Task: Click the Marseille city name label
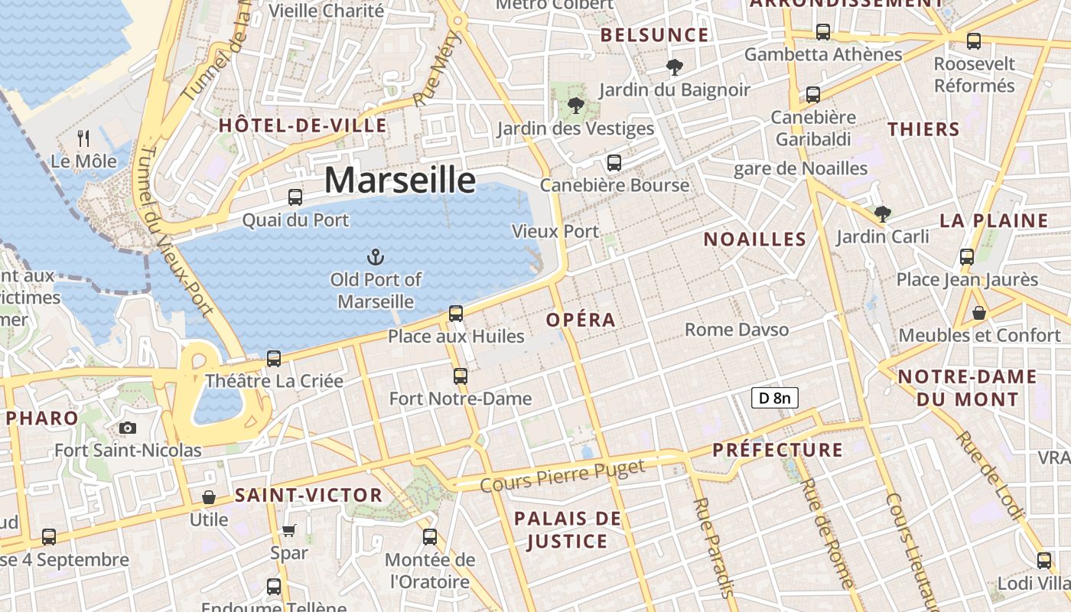pyautogui.click(x=400, y=180)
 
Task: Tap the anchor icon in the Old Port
pyautogui.click(x=375, y=257)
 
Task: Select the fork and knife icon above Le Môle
pyautogui.click(x=84, y=138)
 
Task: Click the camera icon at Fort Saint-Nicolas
pyautogui.click(x=128, y=428)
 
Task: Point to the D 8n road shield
pyautogui.click(x=774, y=398)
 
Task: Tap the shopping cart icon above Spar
pyautogui.click(x=289, y=530)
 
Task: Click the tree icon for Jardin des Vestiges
pyautogui.click(x=575, y=106)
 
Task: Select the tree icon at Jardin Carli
pyautogui.click(x=882, y=213)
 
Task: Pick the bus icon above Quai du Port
pyautogui.click(x=295, y=197)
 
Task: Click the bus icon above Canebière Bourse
pyautogui.click(x=614, y=162)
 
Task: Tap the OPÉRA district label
pyautogui.click(x=581, y=320)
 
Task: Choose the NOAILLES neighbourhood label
pyautogui.click(x=754, y=239)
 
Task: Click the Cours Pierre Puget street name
pyautogui.click(x=563, y=477)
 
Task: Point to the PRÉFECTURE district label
pyautogui.click(x=777, y=450)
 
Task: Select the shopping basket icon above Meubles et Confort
pyautogui.click(x=979, y=313)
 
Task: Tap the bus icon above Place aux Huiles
pyautogui.click(x=456, y=313)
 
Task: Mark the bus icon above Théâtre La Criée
pyautogui.click(x=274, y=358)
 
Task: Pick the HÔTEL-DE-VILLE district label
pyautogui.click(x=303, y=125)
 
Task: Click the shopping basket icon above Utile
pyautogui.click(x=209, y=497)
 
